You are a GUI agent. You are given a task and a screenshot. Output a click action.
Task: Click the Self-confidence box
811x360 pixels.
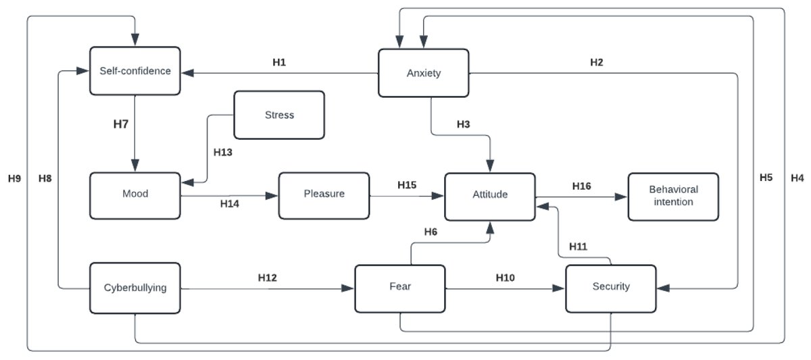click(x=135, y=70)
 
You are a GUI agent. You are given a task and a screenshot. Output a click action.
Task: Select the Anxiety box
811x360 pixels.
click(x=423, y=73)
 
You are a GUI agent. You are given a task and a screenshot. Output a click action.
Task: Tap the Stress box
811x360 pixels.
click(x=279, y=115)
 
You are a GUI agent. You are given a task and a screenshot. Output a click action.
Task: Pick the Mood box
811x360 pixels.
click(x=135, y=194)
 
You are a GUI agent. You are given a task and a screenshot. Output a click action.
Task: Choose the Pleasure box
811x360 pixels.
click(x=324, y=194)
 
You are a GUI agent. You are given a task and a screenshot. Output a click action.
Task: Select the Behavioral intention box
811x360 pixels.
click(x=672, y=196)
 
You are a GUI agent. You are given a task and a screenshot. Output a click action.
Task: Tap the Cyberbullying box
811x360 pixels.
click(x=135, y=287)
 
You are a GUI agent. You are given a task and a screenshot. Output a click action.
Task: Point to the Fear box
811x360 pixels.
click(x=399, y=287)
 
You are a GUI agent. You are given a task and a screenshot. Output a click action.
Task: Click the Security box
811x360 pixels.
click(x=610, y=287)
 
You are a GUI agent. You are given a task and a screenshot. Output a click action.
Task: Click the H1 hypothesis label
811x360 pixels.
click(x=279, y=62)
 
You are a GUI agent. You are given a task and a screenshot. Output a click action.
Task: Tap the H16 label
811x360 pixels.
click(x=582, y=186)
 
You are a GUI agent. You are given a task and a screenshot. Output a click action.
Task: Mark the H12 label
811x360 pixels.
click(x=268, y=278)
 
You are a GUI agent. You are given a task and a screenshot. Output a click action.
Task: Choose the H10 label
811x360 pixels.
click(x=506, y=278)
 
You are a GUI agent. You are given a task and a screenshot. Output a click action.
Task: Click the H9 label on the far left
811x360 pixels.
click(x=15, y=179)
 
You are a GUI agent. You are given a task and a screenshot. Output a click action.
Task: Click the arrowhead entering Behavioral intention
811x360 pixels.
click(x=622, y=198)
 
